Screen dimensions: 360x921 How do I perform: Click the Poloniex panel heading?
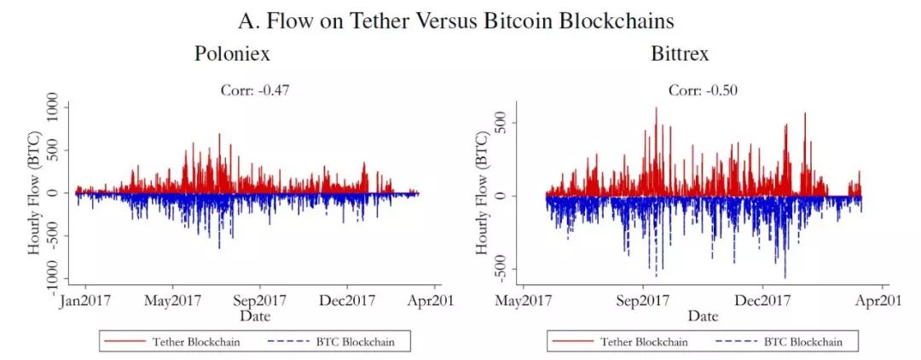coord(232,54)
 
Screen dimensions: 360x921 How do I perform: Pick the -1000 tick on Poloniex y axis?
coord(53,276)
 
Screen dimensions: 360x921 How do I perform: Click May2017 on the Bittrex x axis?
coord(522,300)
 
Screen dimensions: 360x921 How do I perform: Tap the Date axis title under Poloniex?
coord(254,316)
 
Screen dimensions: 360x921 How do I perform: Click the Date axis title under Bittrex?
coord(704,316)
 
